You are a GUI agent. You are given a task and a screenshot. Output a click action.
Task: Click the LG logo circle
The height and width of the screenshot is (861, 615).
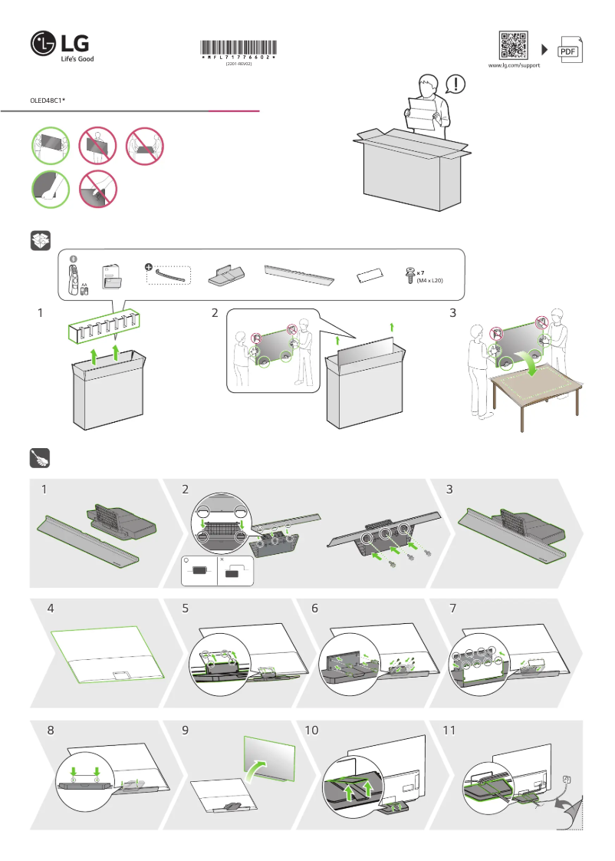(x=42, y=44)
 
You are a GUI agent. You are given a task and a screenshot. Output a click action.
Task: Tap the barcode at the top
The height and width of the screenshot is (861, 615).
(x=238, y=48)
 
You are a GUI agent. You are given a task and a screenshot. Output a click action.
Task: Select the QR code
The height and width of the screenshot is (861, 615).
(x=514, y=45)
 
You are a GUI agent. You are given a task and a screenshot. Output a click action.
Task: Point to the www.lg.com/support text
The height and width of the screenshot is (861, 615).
(x=514, y=66)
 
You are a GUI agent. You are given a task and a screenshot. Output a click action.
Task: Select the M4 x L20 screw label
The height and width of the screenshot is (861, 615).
(x=429, y=280)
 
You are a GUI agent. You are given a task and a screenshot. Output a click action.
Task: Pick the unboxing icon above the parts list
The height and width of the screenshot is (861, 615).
(x=40, y=241)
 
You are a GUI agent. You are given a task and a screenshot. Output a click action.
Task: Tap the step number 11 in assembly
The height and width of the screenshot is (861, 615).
(x=449, y=731)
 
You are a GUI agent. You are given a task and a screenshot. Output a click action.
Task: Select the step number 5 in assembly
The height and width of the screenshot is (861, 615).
(x=186, y=609)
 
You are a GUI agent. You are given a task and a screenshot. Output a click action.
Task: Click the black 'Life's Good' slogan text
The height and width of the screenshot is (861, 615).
(x=77, y=58)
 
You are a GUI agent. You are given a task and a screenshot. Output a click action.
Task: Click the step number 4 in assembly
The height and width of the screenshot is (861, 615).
(x=51, y=609)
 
